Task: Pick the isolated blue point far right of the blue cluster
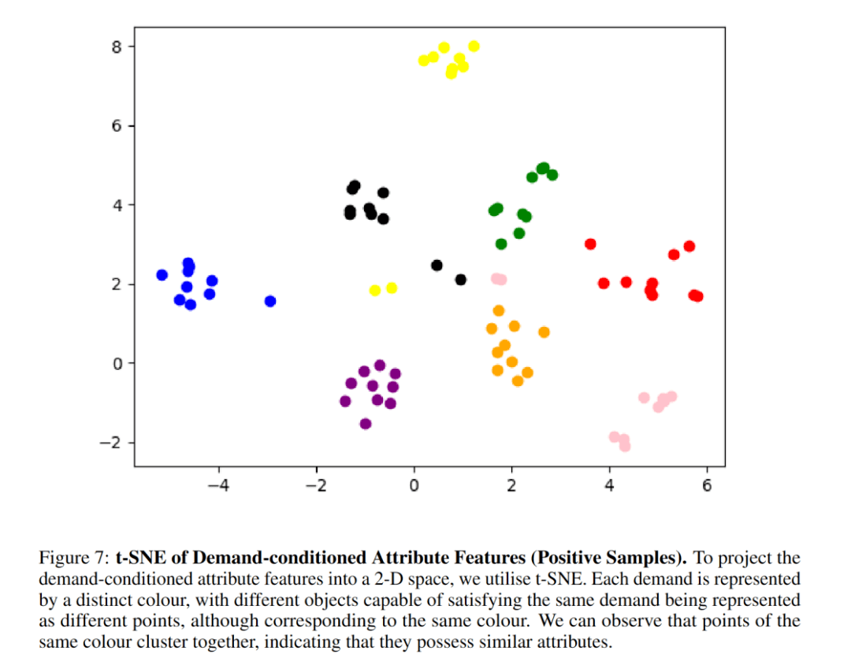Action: point(270,301)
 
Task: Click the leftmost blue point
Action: point(162,275)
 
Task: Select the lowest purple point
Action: point(366,424)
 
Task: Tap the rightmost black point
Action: point(461,280)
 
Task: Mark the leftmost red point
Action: point(590,244)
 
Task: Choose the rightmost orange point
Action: point(544,333)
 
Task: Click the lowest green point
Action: point(501,244)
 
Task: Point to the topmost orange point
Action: point(499,310)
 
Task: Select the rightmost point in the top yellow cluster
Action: point(474,46)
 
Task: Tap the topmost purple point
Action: point(380,365)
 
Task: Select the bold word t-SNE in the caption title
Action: point(136,558)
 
